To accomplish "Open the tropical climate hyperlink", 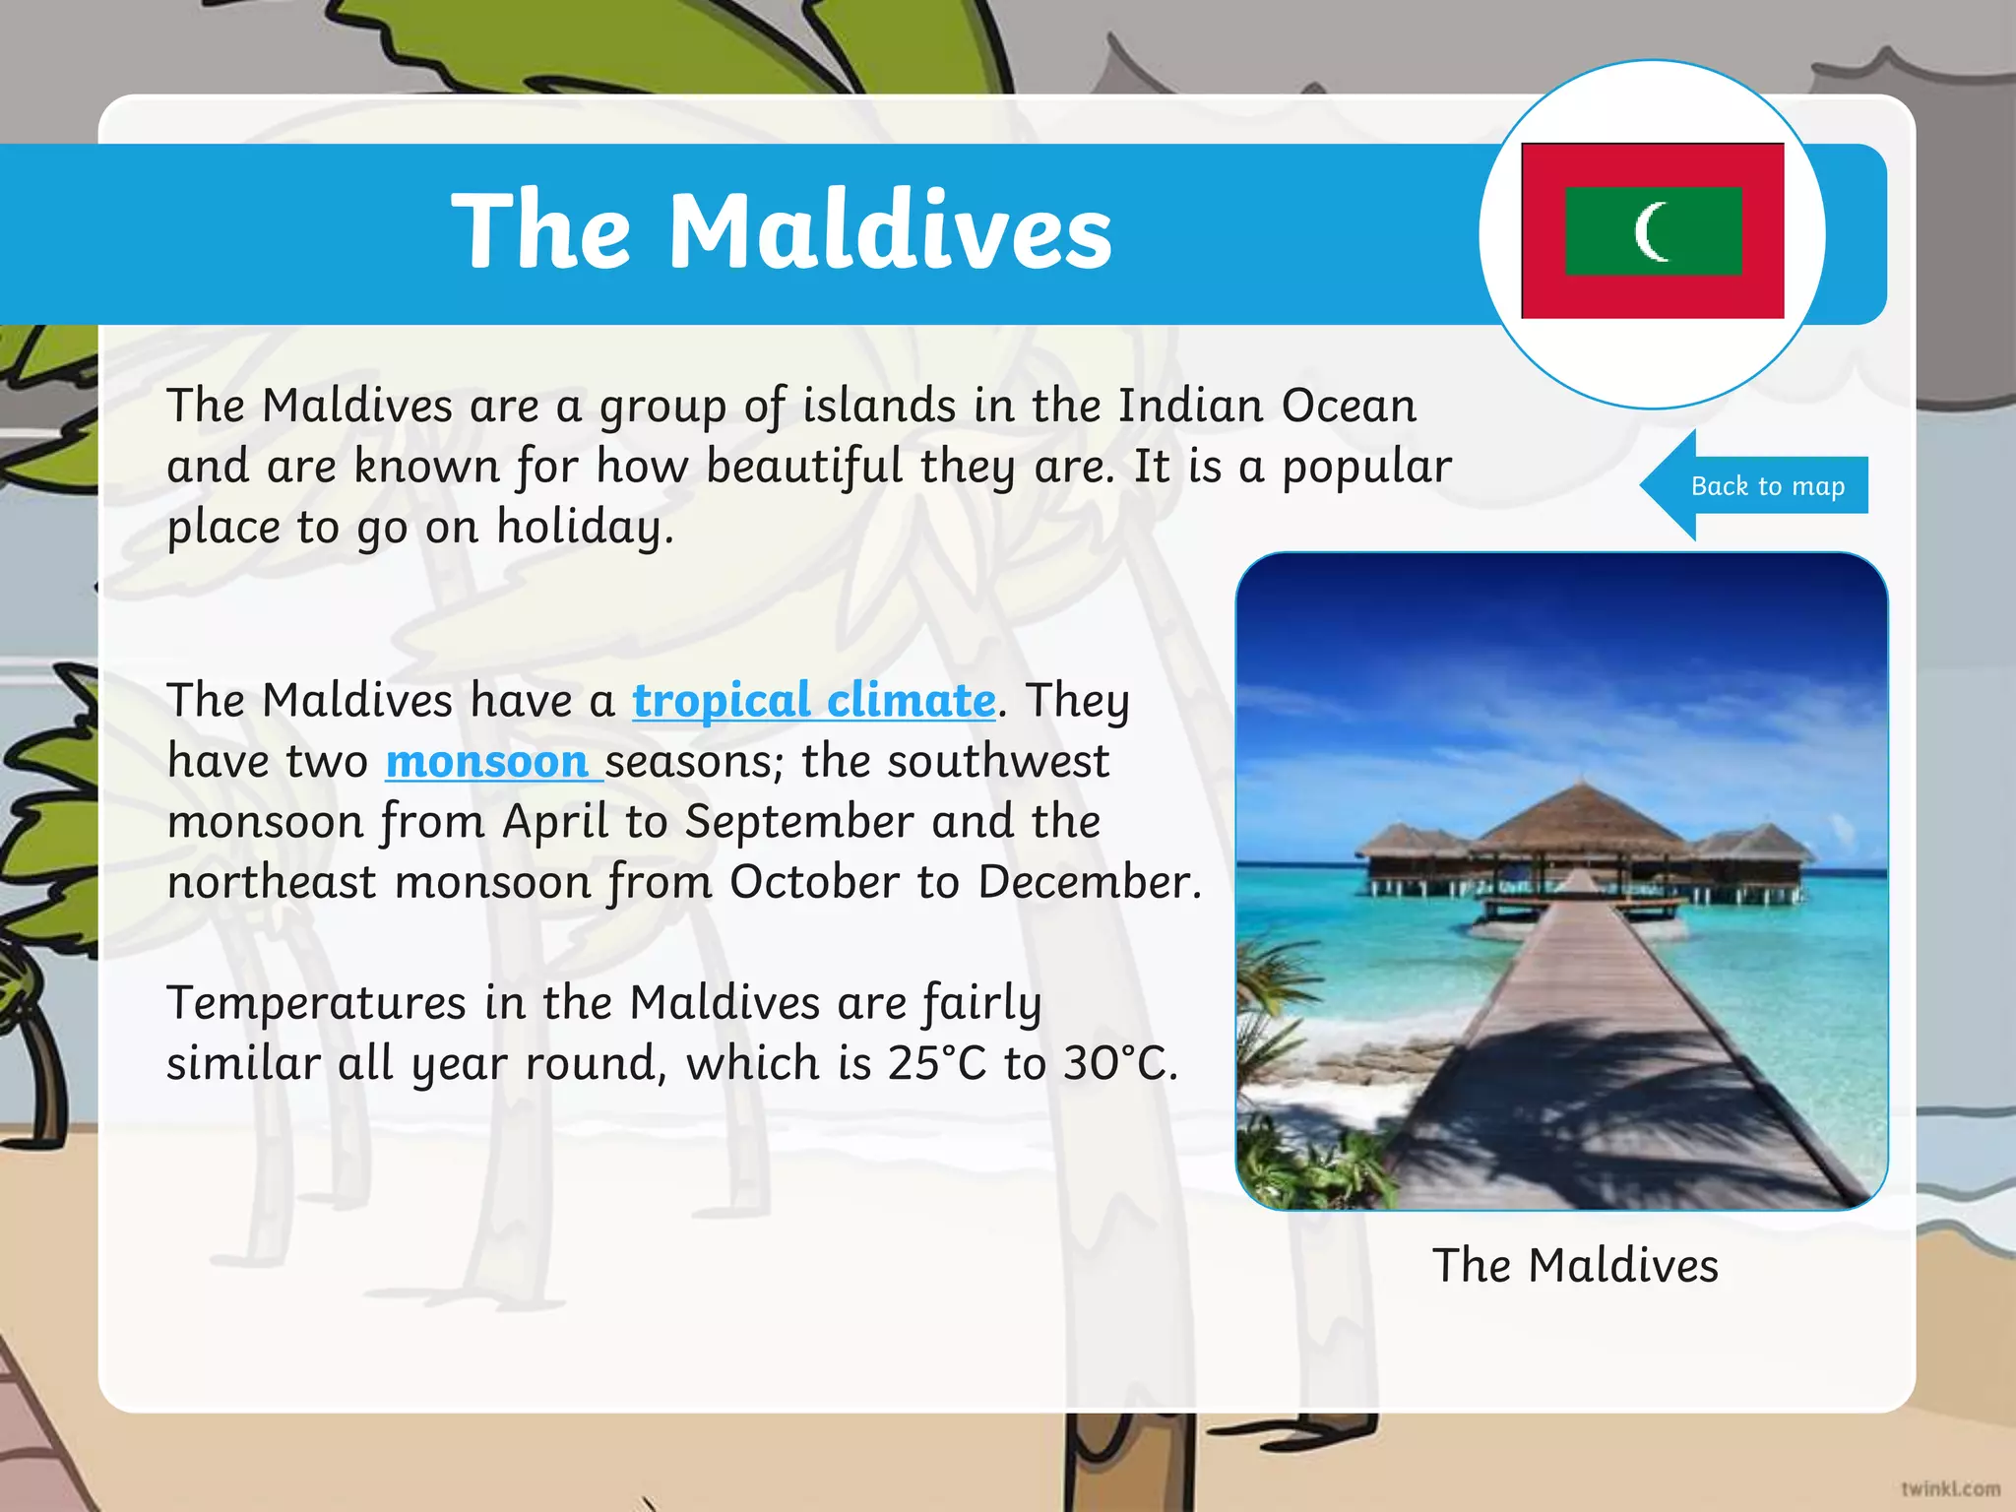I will coord(813,701).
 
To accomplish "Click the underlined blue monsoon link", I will coord(486,762).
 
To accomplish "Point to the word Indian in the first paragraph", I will coord(1189,406).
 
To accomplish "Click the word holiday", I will coord(585,527).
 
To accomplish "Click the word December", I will coord(1089,882).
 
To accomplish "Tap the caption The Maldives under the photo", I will coord(1575,1265).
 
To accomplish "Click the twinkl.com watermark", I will coord(1950,1488).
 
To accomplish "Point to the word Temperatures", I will coord(316,1003).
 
